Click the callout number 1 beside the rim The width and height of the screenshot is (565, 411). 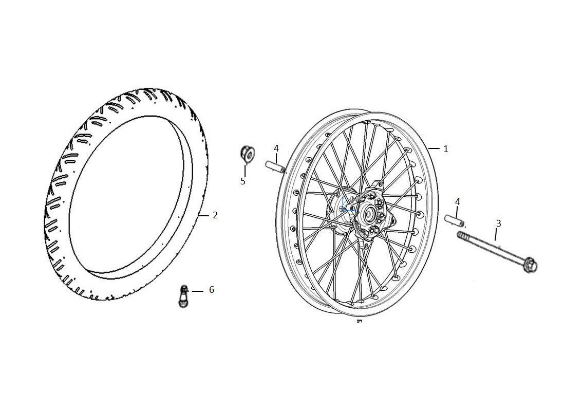click(x=446, y=149)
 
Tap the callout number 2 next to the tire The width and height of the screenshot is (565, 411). click(x=215, y=215)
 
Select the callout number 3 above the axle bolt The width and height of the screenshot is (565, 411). click(x=499, y=223)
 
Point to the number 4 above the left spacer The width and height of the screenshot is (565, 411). click(x=276, y=148)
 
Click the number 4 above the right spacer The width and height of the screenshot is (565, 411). click(x=458, y=202)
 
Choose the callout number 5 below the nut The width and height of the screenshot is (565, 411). click(x=243, y=181)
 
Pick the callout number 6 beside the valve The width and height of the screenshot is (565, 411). click(x=212, y=290)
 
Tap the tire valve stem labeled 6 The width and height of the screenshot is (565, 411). click(x=184, y=296)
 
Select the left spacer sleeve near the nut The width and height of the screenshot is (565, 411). click(x=276, y=167)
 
